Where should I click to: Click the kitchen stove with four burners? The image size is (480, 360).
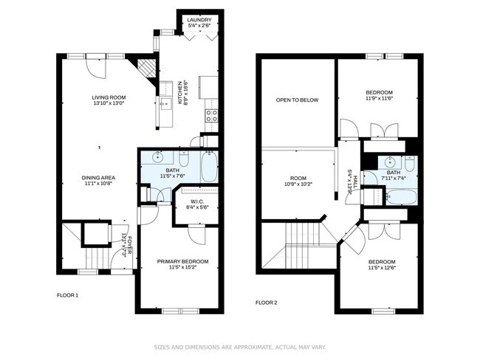coord(211,115)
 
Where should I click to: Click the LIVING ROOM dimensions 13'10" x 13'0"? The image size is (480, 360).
coord(109,104)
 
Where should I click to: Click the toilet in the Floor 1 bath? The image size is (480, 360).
coord(185,157)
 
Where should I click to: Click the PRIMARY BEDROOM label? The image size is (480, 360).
coord(182,261)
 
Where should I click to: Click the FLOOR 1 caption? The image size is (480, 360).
coord(67,296)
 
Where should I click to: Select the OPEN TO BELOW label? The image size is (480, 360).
coord(297,100)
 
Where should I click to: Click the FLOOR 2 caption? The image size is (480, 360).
coord(266,302)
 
